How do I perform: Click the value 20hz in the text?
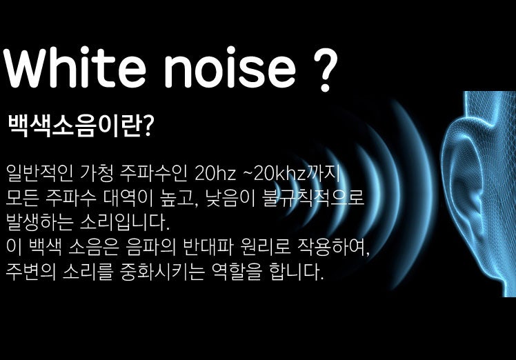[x=215, y=173]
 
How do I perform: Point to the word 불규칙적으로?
[x=313, y=198]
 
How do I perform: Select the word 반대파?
[x=208, y=247]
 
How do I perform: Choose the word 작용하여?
[x=333, y=248]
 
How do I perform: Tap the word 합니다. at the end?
[x=296, y=272]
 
